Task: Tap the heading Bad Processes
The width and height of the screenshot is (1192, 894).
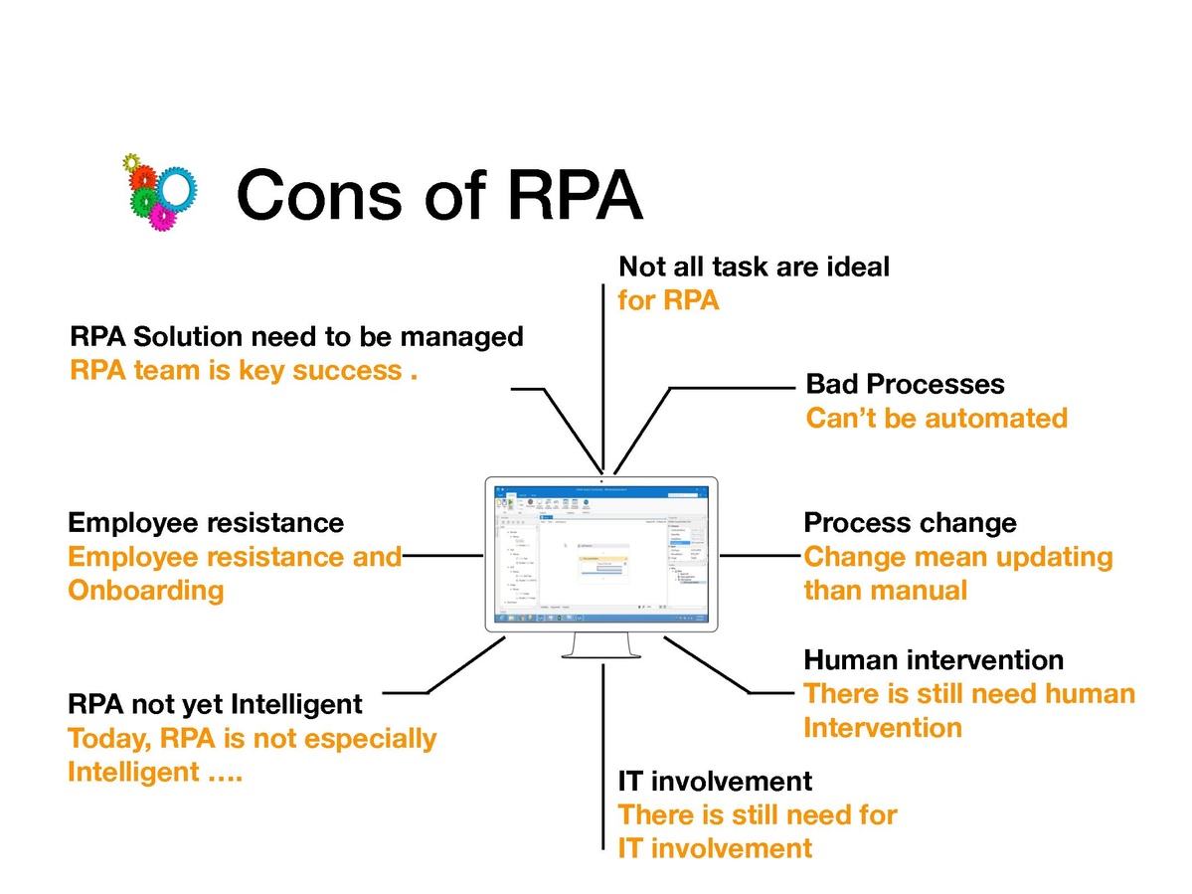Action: pos(905,384)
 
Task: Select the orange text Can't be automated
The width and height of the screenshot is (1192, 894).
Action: pos(936,418)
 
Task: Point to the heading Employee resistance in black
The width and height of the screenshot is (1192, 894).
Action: pos(206,522)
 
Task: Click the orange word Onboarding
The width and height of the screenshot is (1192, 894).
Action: pos(145,591)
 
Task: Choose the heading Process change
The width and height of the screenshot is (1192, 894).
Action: pos(910,522)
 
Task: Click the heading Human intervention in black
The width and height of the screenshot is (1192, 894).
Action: pos(933,659)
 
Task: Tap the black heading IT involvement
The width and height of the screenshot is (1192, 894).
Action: pos(715,781)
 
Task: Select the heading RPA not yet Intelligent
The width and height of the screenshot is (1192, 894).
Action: pos(215,705)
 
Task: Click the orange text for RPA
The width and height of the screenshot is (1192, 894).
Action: pos(668,300)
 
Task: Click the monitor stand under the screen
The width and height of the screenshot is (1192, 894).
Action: pos(602,645)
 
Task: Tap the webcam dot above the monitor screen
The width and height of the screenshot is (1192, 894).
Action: pos(602,481)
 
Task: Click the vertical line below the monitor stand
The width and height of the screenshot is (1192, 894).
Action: pos(603,756)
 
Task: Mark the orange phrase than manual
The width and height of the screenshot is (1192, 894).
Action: pos(885,591)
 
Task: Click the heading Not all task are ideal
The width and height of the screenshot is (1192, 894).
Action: pos(754,267)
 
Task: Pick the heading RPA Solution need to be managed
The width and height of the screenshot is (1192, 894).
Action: pos(296,337)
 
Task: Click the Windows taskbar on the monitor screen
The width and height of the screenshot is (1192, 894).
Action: pos(601,617)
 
